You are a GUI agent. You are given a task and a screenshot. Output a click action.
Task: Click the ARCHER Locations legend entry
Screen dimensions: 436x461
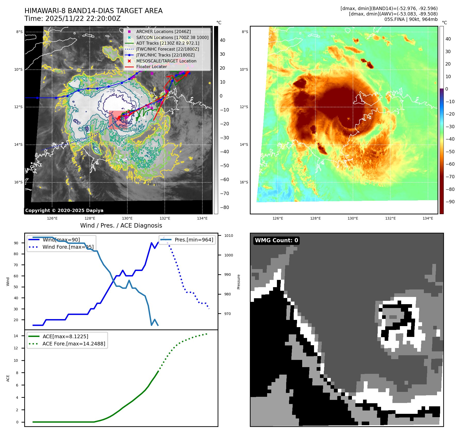pos(163,31)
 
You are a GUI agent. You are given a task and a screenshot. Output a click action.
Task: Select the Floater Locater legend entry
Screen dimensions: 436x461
pos(151,67)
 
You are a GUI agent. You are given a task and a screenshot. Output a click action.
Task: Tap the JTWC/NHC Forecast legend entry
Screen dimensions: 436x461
pos(167,49)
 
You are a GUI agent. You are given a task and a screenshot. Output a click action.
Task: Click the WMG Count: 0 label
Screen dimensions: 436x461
pos(276,240)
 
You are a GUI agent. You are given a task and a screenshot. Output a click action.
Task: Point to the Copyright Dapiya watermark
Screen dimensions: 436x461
pos(64,211)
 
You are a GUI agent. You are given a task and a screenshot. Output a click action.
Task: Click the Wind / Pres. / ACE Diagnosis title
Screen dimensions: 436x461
pos(121,225)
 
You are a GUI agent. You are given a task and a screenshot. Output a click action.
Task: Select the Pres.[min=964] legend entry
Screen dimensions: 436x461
pos(194,240)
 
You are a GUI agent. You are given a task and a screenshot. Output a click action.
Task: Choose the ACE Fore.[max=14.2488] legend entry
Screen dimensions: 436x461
pos(74,344)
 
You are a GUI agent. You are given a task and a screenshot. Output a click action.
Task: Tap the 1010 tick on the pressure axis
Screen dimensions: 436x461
pos(228,236)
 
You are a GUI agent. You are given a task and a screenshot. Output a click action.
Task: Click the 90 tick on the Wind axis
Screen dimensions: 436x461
pos(16,243)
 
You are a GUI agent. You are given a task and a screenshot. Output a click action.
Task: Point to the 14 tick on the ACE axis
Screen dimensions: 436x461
pos(16,336)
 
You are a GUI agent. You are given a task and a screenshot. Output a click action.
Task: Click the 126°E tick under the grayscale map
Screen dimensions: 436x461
pos(52,219)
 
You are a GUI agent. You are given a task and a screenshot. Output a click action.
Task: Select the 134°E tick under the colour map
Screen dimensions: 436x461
pos(428,219)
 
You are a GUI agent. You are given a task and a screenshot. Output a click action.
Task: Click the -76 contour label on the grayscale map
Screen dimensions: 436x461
pos(111,91)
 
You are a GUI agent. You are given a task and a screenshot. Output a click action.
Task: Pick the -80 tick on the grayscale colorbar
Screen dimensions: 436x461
pos(224,207)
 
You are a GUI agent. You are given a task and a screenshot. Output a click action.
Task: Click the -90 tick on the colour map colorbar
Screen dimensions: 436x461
pos(450,202)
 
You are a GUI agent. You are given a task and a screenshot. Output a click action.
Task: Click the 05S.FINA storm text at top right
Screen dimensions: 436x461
pos(394,19)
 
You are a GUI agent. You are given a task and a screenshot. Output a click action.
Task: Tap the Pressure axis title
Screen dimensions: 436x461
pos(238,282)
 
